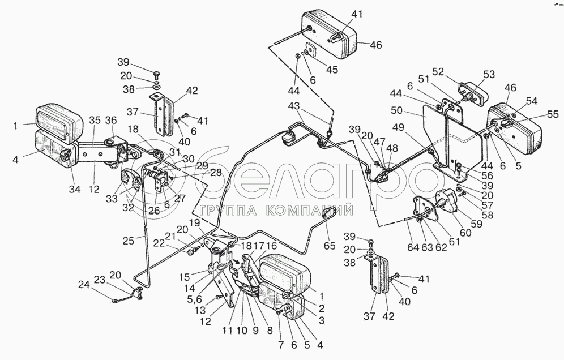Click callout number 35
94,120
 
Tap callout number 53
489,75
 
